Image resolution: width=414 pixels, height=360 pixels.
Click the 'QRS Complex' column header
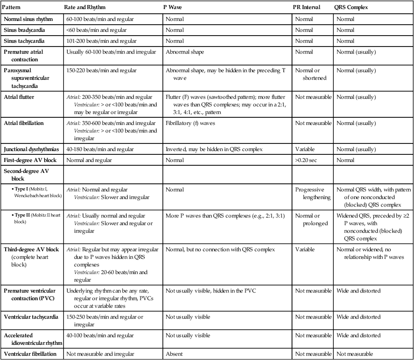click(352, 8)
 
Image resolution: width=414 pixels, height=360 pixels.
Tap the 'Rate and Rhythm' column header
click(85, 8)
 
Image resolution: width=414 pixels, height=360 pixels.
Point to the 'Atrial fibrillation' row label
click(24, 123)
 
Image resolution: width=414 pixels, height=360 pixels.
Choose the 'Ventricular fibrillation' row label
click(30, 354)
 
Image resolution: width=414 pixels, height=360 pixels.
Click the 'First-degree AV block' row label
click(29, 160)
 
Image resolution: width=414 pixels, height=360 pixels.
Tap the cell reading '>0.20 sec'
click(306, 160)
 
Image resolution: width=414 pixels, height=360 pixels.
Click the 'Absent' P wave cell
click(174, 354)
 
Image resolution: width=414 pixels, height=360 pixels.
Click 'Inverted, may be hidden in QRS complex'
click(214, 149)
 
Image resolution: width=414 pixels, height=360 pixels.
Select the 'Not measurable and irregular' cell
click(100, 354)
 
